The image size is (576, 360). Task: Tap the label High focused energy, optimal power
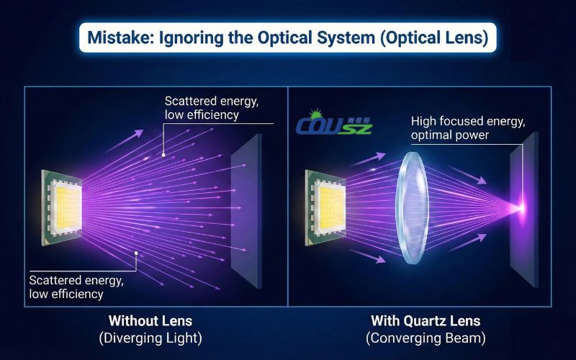coord(450,128)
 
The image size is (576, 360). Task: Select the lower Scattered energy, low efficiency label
coord(76,287)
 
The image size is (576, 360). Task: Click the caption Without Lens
coord(150,320)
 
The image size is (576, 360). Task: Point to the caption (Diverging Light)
coord(150,337)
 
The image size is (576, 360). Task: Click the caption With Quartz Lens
coord(425,320)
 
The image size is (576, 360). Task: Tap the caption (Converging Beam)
coord(425,337)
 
